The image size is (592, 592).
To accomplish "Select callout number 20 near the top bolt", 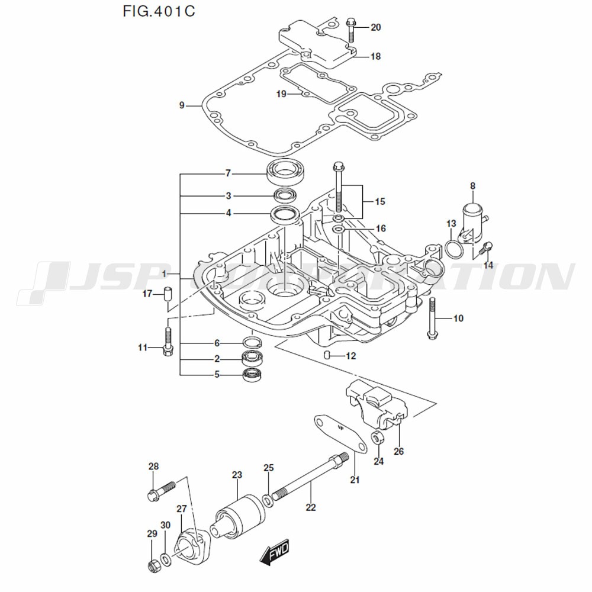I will (x=376, y=27).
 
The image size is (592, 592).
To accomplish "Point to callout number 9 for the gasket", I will (x=182, y=106).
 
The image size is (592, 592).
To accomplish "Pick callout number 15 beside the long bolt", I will (x=379, y=202).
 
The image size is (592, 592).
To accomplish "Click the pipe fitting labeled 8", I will (x=473, y=219).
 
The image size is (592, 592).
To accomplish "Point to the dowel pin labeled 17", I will (x=168, y=294).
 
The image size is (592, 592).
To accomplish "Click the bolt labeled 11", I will (x=168, y=340).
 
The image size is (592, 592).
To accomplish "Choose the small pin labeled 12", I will (x=327, y=355).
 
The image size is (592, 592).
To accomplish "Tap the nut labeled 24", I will (x=377, y=439).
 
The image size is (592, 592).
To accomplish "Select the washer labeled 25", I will (x=269, y=501).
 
